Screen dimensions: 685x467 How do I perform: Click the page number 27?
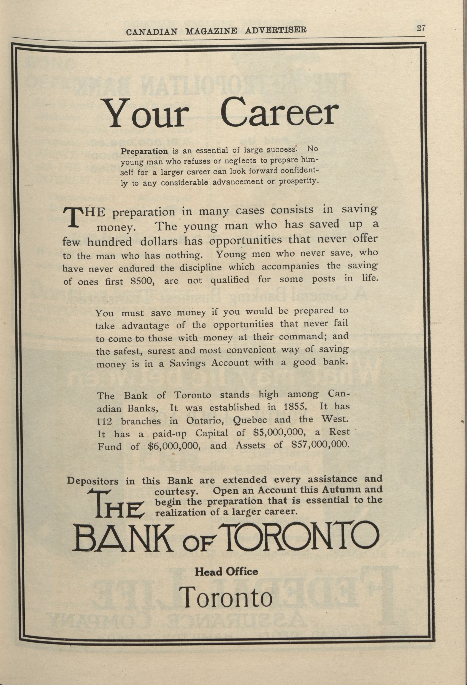(421, 28)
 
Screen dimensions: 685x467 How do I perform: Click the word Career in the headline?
(279, 113)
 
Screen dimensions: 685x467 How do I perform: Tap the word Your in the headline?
(146, 115)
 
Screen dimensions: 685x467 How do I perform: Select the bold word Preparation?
(144, 151)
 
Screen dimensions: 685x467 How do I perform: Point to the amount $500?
(142, 281)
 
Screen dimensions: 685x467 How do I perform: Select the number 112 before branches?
(104, 421)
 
